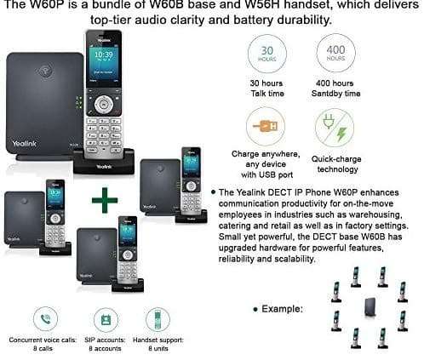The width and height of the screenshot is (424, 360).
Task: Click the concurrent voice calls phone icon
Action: coord(44,320)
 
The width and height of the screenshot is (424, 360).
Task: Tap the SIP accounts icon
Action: coord(106,320)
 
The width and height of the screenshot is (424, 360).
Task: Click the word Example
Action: coord(284,304)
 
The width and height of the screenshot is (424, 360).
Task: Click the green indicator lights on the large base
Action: coord(77,104)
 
